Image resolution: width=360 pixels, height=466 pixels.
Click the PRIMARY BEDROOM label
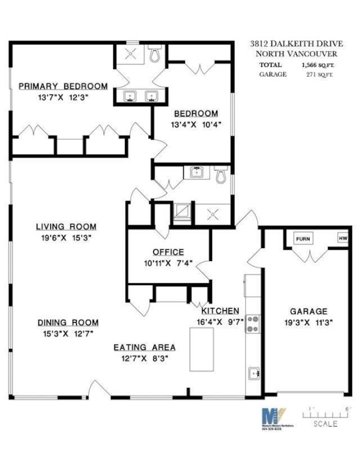tap(63, 87)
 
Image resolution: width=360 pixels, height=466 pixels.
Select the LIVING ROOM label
tap(66, 227)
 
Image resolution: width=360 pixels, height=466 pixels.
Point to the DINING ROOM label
tap(68, 323)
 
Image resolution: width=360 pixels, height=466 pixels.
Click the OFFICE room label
tap(168, 252)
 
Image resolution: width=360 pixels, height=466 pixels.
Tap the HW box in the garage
tap(342, 238)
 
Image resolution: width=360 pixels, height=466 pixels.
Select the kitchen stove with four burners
tap(251, 324)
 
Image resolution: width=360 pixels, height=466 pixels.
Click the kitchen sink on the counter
tap(253, 373)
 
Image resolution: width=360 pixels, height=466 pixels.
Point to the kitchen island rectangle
tap(201, 349)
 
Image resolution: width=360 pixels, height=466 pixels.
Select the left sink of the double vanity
tap(130, 96)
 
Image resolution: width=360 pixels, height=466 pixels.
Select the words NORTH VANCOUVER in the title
tap(296, 54)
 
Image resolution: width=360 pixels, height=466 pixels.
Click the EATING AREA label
tap(144, 347)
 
